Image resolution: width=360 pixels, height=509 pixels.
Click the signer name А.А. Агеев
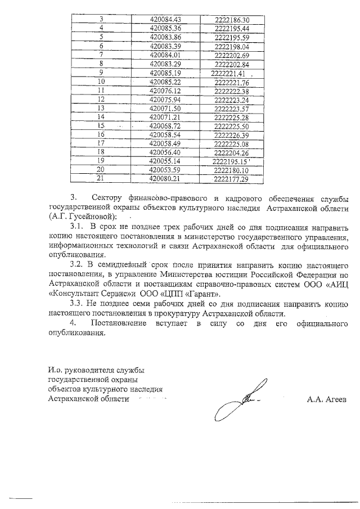click(327, 399)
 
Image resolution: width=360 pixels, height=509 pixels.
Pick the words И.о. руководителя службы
click(96, 370)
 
